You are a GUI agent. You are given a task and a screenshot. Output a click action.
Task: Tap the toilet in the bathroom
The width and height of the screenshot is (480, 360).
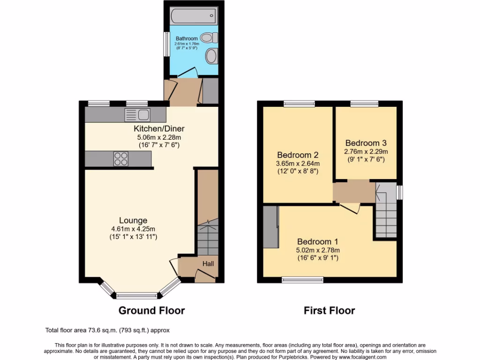coord(208,37)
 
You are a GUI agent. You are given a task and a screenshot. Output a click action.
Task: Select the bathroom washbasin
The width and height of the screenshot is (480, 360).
coord(211,57)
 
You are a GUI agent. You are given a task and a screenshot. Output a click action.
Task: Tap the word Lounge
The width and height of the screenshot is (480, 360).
coord(133,220)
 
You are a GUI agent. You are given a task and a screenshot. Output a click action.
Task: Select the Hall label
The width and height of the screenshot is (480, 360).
coord(208,264)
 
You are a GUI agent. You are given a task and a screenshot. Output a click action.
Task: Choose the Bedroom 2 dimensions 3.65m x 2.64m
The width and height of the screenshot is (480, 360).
coord(298,164)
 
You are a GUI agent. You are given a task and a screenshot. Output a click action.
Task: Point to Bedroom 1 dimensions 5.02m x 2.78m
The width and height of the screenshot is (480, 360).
coord(318,250)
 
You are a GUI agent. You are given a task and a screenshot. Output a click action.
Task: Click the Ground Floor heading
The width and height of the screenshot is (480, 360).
coord(151,310)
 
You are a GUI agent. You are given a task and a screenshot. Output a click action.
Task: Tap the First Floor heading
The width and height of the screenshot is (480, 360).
coord(329,310)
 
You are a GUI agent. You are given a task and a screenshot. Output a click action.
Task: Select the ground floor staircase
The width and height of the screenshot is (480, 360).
coord(207,238)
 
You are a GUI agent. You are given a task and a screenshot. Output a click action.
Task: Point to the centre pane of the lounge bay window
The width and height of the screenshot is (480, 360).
coord(137,295)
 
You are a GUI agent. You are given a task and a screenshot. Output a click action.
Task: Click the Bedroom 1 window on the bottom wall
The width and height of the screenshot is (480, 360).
coord(299,280)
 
